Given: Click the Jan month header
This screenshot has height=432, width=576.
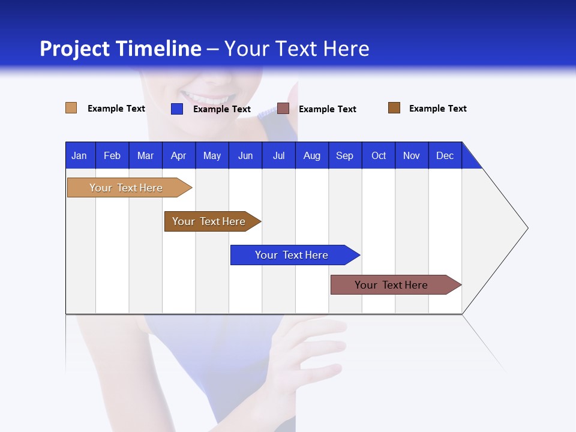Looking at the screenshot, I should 79,155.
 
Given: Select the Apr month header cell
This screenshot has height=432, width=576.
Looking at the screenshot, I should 178,155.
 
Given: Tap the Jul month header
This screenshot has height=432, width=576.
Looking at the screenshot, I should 278,155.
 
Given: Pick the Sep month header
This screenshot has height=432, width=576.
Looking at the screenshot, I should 344,155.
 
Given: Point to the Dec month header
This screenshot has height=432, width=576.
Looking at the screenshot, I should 445,155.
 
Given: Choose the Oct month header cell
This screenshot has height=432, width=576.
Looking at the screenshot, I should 379,155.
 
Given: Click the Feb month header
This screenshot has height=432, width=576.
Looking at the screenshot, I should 112,155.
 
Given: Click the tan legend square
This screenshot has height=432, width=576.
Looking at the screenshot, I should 71,108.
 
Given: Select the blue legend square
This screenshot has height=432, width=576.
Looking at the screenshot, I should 176,109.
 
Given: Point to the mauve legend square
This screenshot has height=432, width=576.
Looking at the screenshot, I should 283,109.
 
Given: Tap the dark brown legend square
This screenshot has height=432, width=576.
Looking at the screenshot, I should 394,108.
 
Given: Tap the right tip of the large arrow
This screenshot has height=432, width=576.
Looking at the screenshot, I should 526,228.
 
